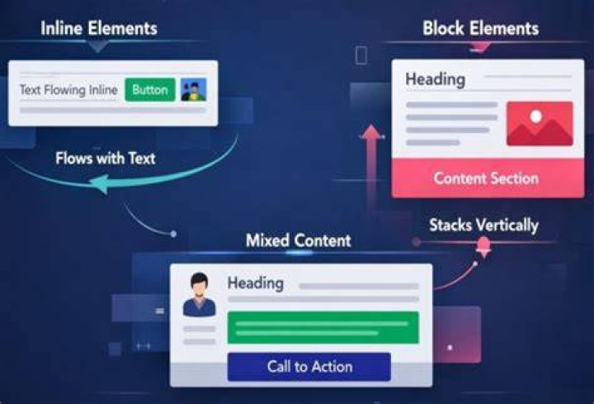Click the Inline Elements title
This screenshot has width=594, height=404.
coord(99,28)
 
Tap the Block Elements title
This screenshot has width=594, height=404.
coord(481,28)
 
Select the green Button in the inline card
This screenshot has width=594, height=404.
coord(150,90)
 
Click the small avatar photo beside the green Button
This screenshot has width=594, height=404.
coord(194,89)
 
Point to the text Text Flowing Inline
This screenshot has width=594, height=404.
coord(68,90)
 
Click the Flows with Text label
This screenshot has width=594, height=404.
coord(106,158)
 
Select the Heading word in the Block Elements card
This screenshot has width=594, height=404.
coord(436,79)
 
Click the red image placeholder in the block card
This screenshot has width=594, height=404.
coord(540,123)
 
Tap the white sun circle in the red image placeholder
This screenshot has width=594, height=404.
coord(536,116)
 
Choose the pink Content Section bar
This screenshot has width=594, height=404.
coord(488,178)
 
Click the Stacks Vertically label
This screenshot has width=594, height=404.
coord(483,226)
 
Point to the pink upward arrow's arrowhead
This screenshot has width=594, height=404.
coord(372,132)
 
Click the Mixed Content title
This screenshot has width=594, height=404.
coord(299,240)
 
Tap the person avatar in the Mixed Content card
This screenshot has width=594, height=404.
coord(200,294)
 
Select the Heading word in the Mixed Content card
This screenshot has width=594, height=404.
coord(255,283)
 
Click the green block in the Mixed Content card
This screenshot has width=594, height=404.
coord(323,328)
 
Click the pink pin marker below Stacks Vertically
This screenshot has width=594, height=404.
coord(483,246)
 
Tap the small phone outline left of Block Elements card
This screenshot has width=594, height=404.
coord(361,55)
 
